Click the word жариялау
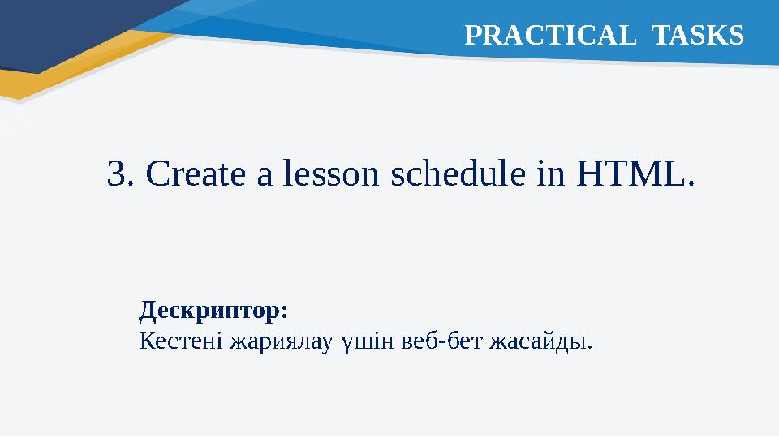click(282, 341)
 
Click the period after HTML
click(691, 183)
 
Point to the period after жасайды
click(590, 347)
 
